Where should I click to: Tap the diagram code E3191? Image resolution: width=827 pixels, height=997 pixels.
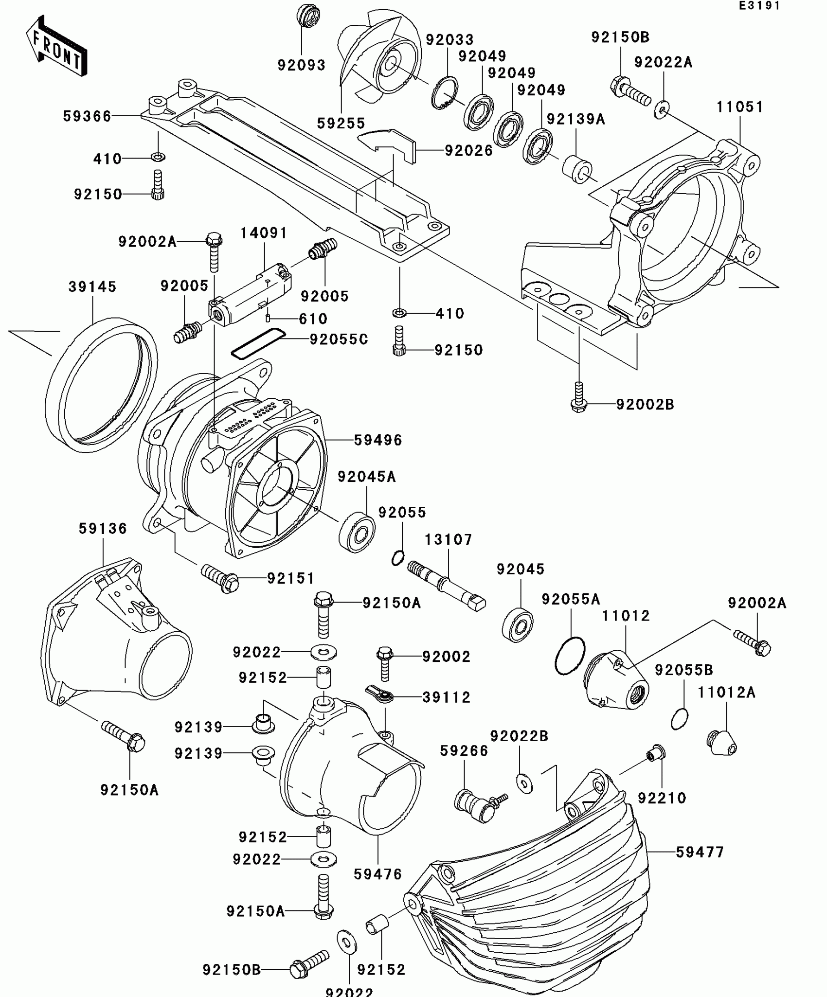[x=759, y=6]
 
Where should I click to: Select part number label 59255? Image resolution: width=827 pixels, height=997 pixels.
[x=341, y=124]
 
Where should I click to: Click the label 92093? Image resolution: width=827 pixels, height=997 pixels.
[x=301, y=65]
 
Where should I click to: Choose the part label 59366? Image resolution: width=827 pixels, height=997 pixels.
[x=87, y=116]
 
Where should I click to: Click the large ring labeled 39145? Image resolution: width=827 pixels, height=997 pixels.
[x=101, y=384]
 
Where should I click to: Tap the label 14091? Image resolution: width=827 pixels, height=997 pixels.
[x=264, y=233]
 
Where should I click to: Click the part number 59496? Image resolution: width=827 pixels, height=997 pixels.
[x=378, y=440]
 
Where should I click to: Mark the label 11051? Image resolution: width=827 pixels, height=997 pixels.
[x=739, y=107]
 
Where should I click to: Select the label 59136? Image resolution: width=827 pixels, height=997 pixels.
[x=103, y=529]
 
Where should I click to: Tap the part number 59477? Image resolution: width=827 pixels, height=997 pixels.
[x=700, y=852]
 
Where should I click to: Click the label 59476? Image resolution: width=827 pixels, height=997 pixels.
[x=378, y=874]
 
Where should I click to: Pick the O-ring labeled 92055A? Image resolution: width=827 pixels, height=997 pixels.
[x=570, y=656]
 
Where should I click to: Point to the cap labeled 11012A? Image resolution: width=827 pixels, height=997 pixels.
[x=721, y=742]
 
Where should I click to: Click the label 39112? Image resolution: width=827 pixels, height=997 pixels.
[x=446, y=697]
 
